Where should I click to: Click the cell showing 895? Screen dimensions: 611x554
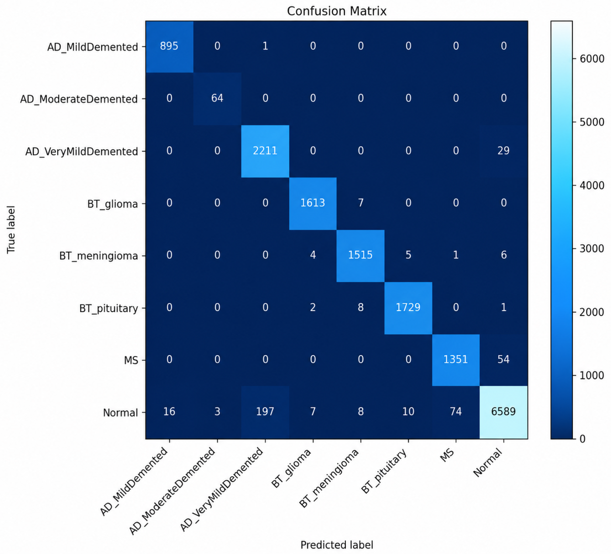pyautogui.click(x=169, y=47)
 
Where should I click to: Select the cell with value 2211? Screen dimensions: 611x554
pyautogui.click(x=265, y=151)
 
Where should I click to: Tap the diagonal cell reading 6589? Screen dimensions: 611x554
pyautogui.click(x=504, y=412)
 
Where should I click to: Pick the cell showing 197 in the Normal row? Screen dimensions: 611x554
pyautogui.click(x=265, y=412)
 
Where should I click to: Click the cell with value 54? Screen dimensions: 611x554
pyautogui.click(x=504, y=360)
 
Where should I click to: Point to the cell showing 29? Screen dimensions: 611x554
pyautogui.click(x=504, y=151)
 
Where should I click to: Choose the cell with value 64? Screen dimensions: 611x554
pyautogui.click(x=217, y=99)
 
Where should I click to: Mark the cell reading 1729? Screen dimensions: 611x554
pyautogui.click(x=408, y=308)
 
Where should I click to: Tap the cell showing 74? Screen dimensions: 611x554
pyautogui.click(x=456, y=412)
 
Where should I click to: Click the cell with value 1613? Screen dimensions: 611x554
pyautogui.click(x=313, y=203)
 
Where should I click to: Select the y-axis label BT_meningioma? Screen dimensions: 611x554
pyautogui.click(x=99, y=256)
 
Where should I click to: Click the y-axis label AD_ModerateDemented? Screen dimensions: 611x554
pyautogui.click(x=79, y=99)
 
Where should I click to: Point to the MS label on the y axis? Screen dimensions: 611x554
pyautogui.click(x=131, y=360)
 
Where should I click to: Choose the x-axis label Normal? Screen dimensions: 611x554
pyautogui.click(x=487, y=462)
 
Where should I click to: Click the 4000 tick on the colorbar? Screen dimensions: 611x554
pyautogui.click(x=592, y=186)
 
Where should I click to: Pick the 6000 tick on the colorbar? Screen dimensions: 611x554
pyautogui.click(x=592, y=59)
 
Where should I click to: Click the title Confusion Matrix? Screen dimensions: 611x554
pyautogui.click(x=337, y=11)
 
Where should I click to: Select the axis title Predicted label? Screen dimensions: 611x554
pyautogui.click(x=337, y=545)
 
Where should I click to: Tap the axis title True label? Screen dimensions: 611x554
pyautogui.click(x=11, y=230)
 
